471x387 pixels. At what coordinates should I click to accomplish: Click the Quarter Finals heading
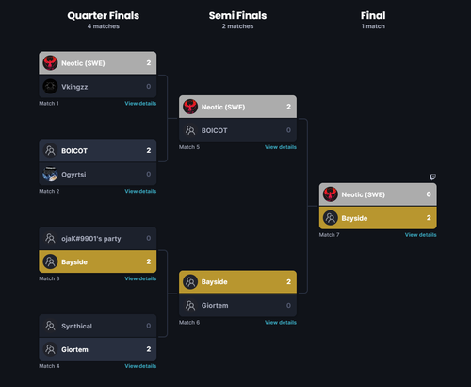coord(104,15)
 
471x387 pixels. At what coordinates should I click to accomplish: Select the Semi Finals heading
coord(237,15)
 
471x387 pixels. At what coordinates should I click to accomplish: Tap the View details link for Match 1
coord(140,103)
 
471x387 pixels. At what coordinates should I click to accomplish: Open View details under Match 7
coord(420,235)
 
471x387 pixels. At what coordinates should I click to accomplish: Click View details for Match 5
coord(281,147)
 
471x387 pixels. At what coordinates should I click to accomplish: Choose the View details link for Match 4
coord(140,366)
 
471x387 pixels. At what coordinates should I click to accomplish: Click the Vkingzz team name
coord(74,87)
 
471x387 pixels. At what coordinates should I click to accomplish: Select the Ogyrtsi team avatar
coord(50,174)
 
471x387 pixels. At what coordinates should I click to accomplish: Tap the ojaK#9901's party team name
coord(91,239)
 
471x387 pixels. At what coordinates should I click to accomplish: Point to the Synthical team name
coord(76,326)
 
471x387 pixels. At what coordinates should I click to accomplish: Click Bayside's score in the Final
coord(429,218)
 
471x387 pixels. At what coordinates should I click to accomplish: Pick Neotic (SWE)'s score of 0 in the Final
coord(429,194)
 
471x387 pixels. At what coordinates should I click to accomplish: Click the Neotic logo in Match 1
coord(50,62)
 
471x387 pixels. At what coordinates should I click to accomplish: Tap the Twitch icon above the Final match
coord(432,177)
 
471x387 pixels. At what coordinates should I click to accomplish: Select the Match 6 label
coord(189,323)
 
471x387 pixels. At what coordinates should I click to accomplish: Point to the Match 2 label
coord(49,191)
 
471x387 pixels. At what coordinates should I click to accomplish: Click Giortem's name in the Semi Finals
coord(215,305)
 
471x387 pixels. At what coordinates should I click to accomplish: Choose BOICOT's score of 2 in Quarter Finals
coord(149,150)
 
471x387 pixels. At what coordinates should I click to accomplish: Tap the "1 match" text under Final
coord(373,26)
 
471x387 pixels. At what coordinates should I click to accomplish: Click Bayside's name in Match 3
coord(74,262)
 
